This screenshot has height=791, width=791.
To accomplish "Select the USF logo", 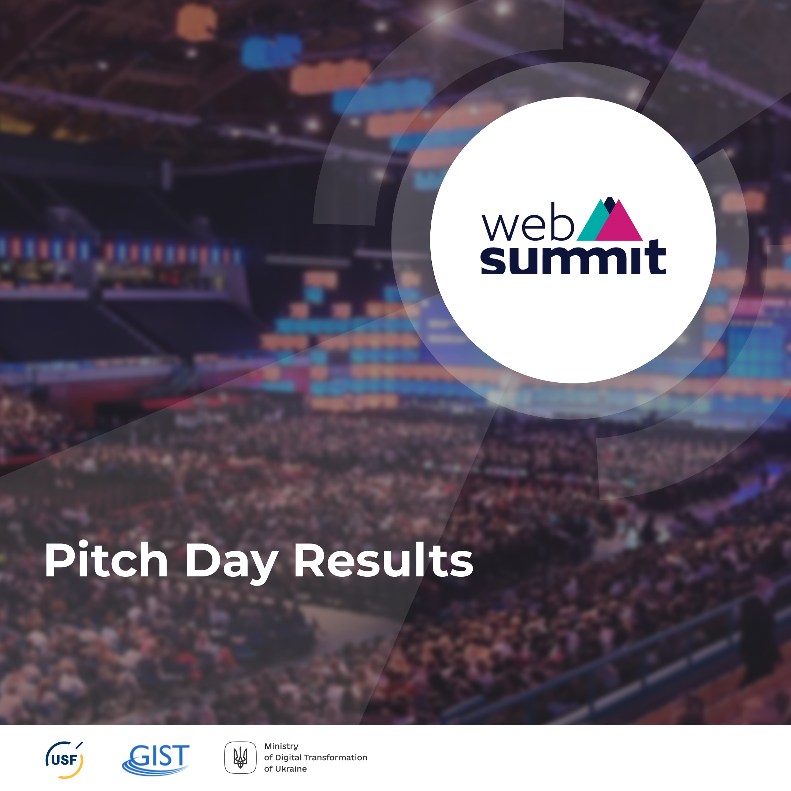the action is tap(64, 760).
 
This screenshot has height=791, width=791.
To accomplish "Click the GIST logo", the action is tap(156, 760).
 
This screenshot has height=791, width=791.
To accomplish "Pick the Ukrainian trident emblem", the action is tap(240, 757).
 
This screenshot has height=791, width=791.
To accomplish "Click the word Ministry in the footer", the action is tap(281, 746).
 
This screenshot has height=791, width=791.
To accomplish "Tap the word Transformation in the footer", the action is tap(335, 757).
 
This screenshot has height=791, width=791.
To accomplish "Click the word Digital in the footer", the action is tap(287, 758).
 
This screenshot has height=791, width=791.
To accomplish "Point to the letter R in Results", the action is tap(310, 560).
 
